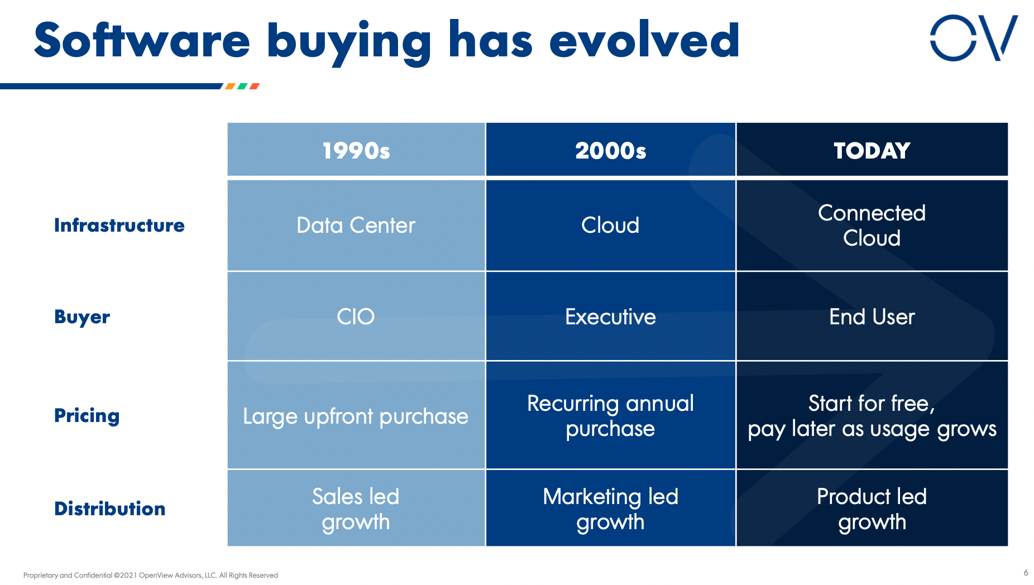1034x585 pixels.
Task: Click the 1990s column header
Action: [x=356, y=151]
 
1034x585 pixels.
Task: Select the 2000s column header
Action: [x=610, y=151]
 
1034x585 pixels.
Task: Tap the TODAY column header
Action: [x=872, y=151]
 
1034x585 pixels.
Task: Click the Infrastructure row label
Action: [x=119, y=226]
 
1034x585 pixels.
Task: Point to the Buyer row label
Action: [x=82, y=317]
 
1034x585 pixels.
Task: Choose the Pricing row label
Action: [x=87, y=416]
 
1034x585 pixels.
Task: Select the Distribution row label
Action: [x=109, y=509]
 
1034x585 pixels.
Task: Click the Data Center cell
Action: [x=356, y=226]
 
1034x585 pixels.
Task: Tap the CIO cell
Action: [x=356, y=317]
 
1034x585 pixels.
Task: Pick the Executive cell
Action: [x=610, y=317]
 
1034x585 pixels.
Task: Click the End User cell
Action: [x=872, y=317]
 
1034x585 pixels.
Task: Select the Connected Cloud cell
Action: [x=872, y=226]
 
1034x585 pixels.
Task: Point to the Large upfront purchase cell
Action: [x=356, y=416]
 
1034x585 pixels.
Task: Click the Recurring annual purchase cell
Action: [x=610, y=416]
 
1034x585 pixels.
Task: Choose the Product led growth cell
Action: [x=872, y=509]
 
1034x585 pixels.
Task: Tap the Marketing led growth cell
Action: [x=610, y=509]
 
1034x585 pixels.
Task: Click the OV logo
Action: [x=973, y=38]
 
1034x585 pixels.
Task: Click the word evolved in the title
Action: [x=644, y=40]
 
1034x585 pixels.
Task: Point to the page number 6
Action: [x=1026, y=573]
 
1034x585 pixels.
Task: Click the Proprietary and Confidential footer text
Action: [x=150, y=576]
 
